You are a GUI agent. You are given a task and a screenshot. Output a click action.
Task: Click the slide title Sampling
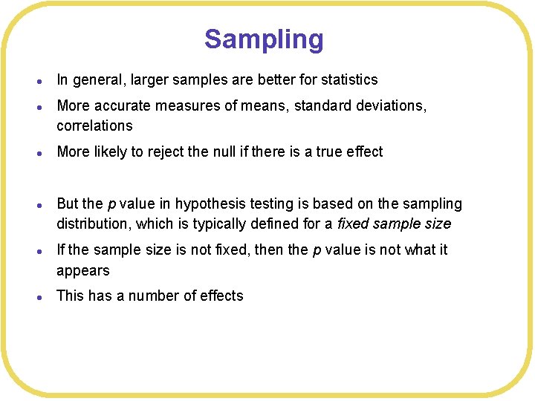pyautogui.click(x=264, y=39)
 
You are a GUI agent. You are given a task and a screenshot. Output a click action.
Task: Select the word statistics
pyautogui.click(x=349, y=80)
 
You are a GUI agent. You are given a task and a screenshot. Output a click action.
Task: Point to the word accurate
pyautogui.click(x=123, y=106)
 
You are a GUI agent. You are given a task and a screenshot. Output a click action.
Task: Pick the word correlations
pyautogui.click(x=94, y=125)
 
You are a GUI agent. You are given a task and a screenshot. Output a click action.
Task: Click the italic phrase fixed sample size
pyautogui.click(x=394, y=224)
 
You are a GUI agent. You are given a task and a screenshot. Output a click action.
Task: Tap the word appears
pyautogui.click(x=83, y=270)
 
